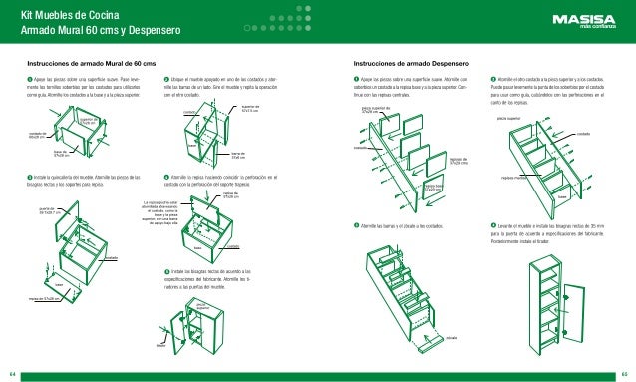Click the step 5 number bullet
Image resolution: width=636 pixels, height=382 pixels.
166,271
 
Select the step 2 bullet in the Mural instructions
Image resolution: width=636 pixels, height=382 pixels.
166,78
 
